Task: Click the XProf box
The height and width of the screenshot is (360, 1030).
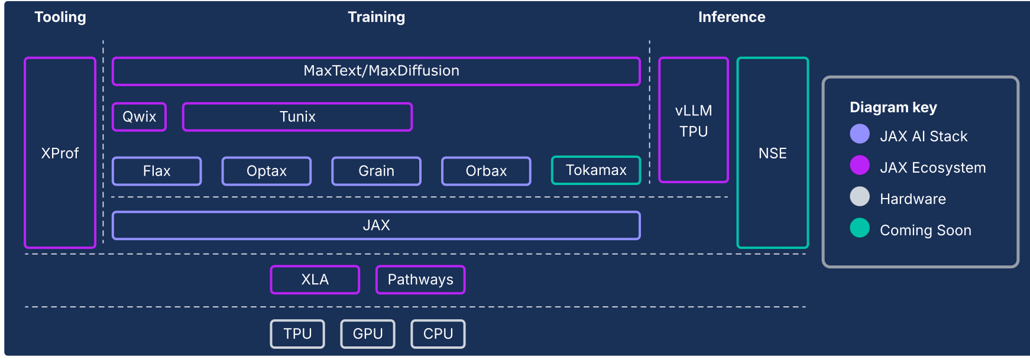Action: [x=60, y=153]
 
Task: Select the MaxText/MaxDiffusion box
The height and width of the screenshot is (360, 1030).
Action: [x=376, y=71]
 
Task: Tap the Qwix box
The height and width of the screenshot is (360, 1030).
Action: [x=139, y=116]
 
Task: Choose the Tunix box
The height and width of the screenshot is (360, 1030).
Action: [x=297, y=116]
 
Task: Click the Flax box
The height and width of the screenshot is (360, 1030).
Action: [x=157, y=171]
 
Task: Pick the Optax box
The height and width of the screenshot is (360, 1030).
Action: [x=266, y=171]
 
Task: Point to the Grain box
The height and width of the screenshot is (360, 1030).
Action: [x=376, y=171]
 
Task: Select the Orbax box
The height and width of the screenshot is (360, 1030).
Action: [x=486, y=171]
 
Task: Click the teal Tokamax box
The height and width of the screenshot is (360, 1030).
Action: [x=595, y=170]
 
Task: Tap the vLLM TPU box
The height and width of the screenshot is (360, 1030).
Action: [x=693, y=120]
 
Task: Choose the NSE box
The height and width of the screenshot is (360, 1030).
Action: [x=772, y=153]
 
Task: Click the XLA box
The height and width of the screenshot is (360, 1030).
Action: [x=315, y=280]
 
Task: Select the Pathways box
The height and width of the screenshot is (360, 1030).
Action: [x=420, y=280]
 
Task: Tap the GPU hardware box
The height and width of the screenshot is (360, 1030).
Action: [x=367, y=334]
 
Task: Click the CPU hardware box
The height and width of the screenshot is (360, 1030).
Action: [x=438, y=334]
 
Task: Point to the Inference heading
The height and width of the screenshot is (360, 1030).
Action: [x=731, y=17]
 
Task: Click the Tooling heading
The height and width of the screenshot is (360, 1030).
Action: [x=60, y=17]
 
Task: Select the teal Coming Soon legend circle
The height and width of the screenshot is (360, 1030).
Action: [x=859, y=228]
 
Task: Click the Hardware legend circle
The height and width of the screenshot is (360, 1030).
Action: [x=859, y=197]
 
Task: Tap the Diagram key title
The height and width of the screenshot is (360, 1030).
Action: [x=893, y=107]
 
